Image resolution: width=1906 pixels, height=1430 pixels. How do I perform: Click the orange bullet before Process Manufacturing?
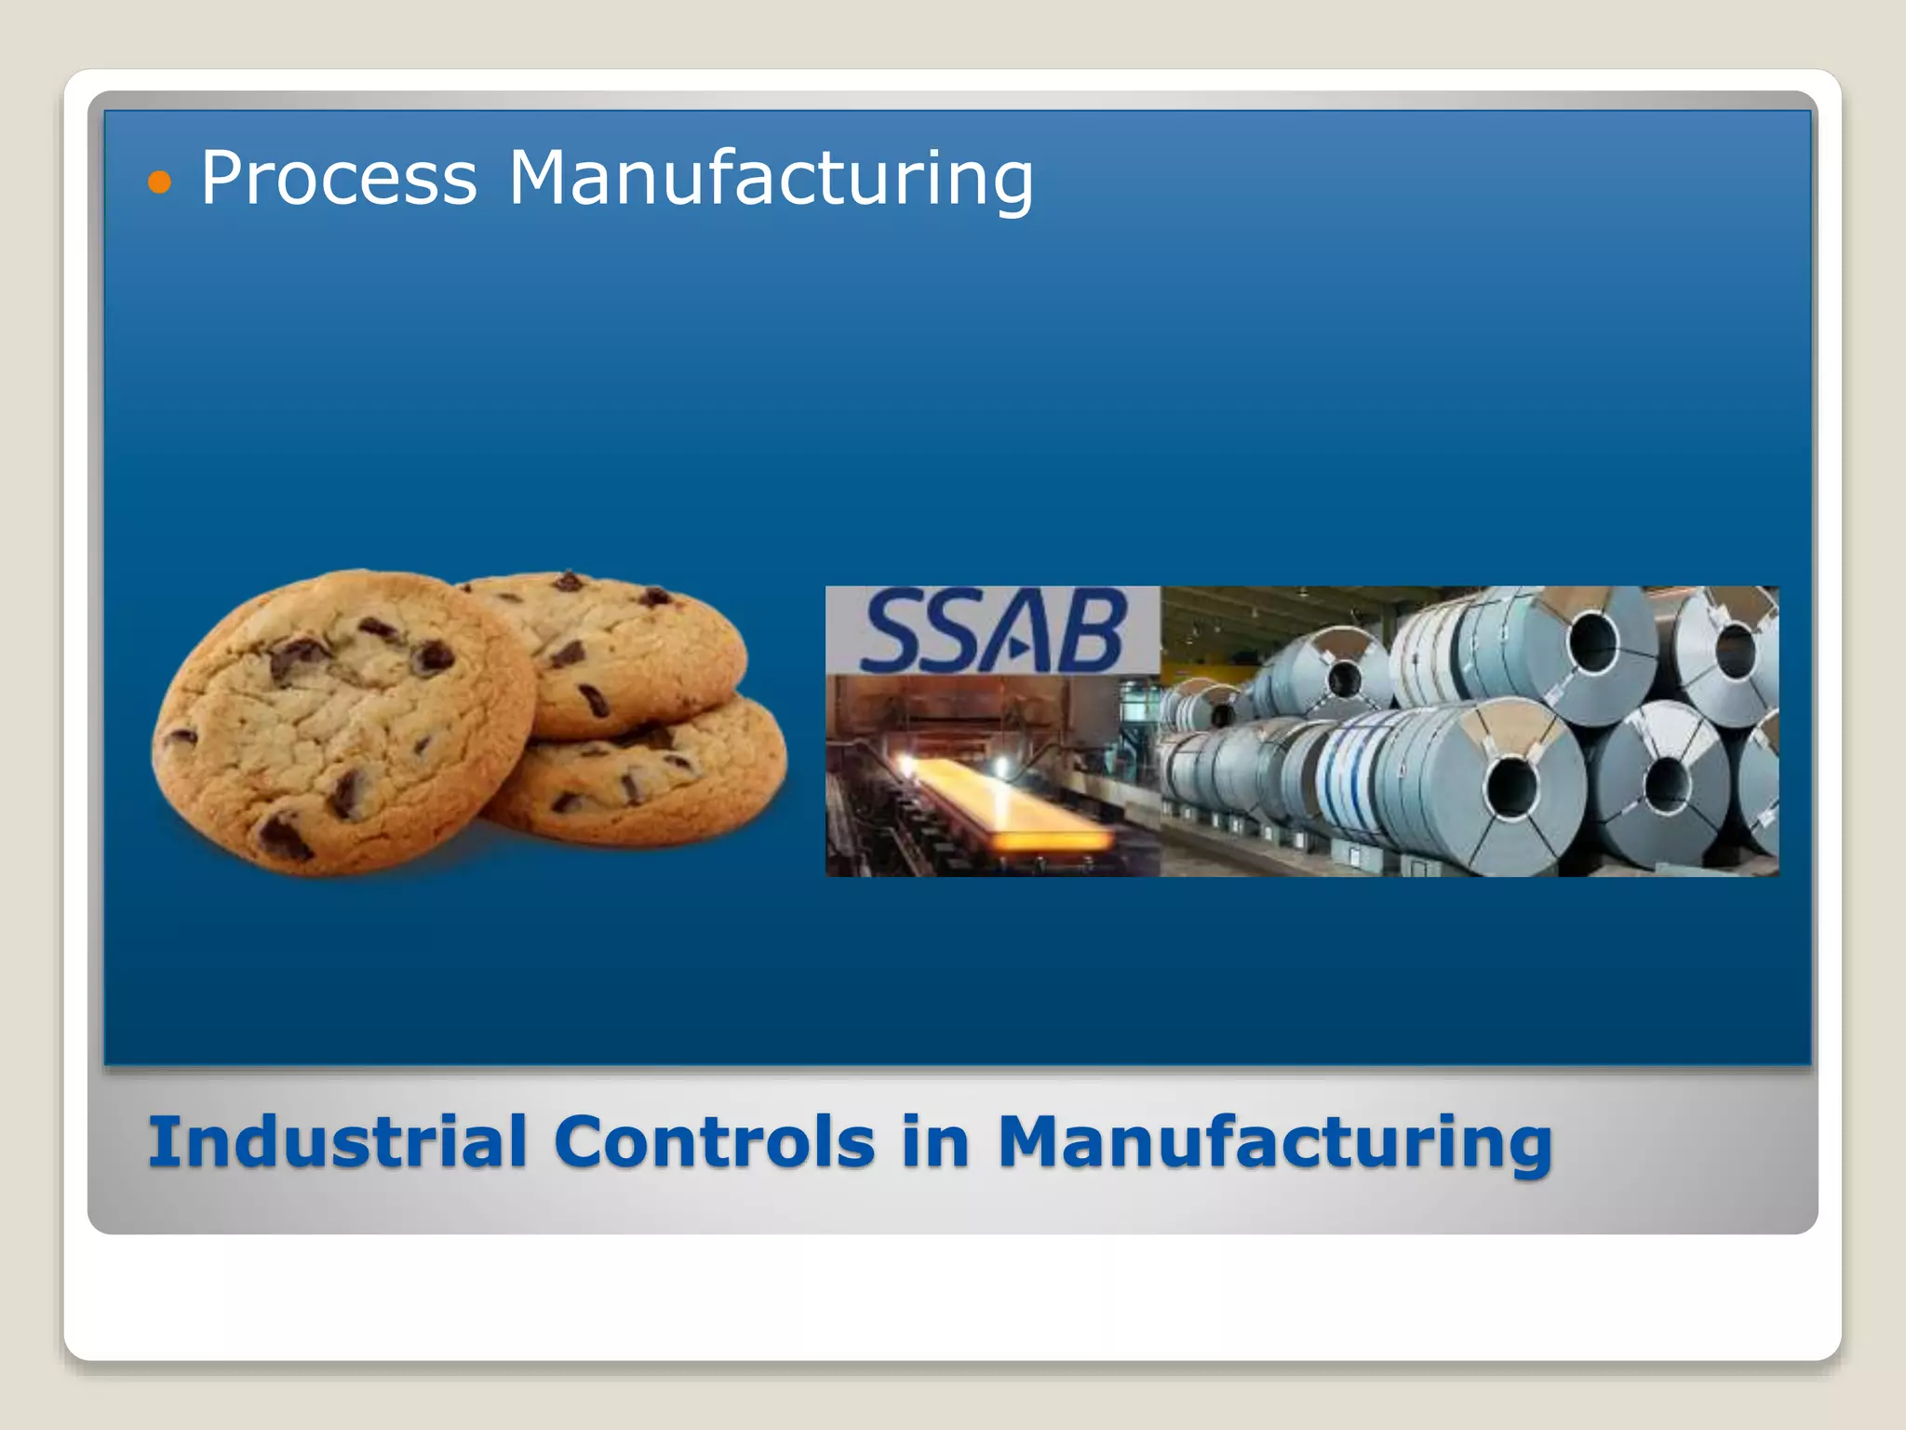tap(160, 182)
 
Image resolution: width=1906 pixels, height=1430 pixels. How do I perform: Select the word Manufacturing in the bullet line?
tap(771, 179)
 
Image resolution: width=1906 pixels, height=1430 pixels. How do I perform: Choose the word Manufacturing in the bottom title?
tap(1274, 1143)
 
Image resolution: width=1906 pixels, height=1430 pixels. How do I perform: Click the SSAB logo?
tap(993, 631)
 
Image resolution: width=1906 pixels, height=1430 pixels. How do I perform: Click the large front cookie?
tap(344, 722)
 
